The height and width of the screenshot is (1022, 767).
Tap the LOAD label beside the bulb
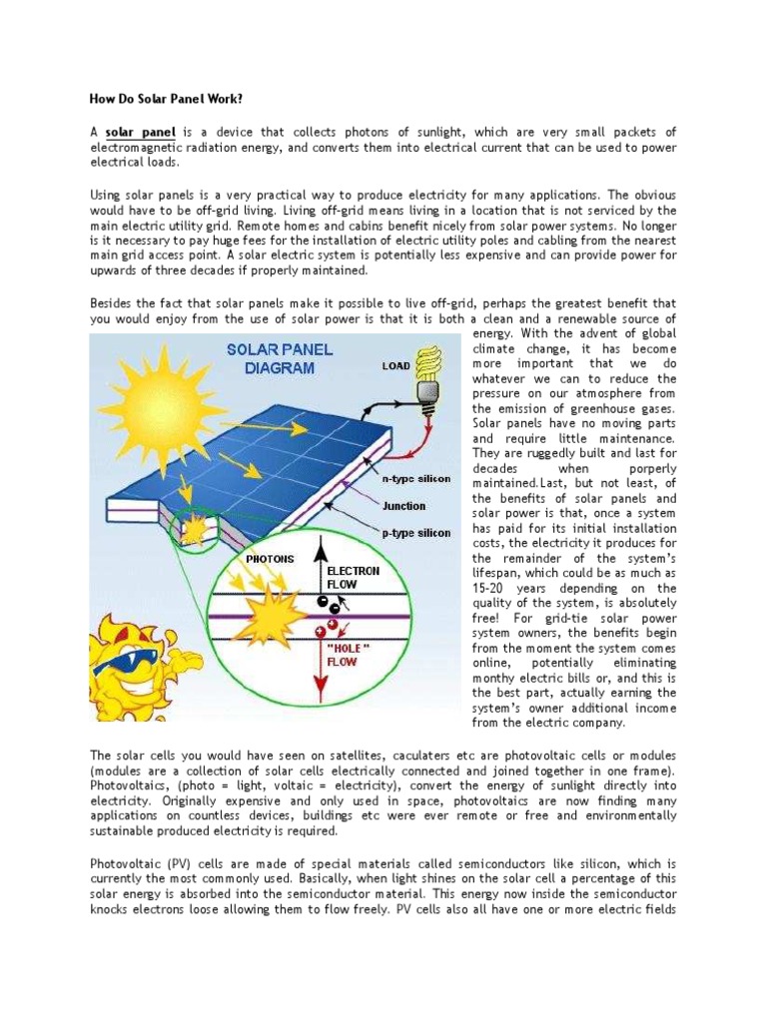(x=395, y=366)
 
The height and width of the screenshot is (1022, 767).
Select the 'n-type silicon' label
(x=416, y=479)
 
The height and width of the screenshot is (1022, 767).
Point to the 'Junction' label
(x=403, y=506)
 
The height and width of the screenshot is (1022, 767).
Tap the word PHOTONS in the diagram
(x=244, y=560)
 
